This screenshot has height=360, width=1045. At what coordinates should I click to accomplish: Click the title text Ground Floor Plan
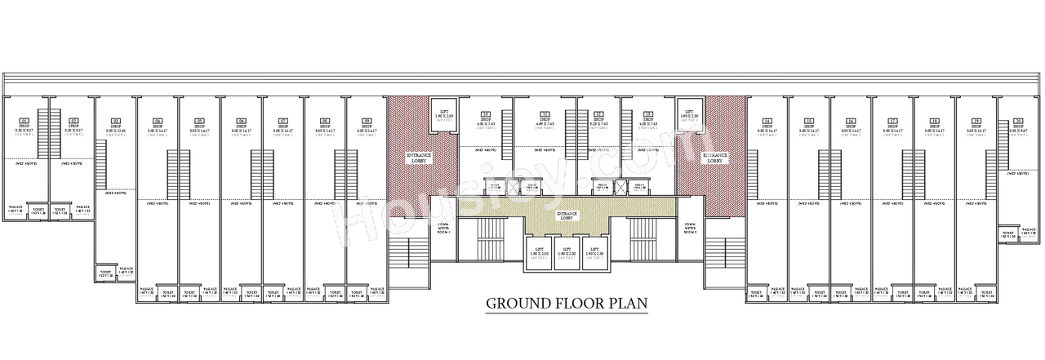tap(567, 304)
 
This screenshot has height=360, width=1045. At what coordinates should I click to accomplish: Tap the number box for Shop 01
tap(24, 121)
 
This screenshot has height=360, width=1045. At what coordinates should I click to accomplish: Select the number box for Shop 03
tap(115, 121)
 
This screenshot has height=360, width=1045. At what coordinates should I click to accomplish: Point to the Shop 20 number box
tap(1017, 121)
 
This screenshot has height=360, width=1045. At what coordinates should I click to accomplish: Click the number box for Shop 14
tap(767, 121)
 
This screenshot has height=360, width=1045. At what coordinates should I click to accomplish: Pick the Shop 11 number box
tap(545, 114)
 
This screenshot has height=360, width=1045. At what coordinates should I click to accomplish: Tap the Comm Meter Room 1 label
tap(443, 228)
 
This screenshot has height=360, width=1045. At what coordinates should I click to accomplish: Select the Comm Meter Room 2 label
tap(690, 228)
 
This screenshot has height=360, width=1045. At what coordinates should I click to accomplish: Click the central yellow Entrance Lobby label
tap(567, 216)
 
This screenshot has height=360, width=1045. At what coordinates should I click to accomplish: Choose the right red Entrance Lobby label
tap(715, 158)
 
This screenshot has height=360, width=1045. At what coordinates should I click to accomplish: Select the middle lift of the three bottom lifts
tap(567, 252)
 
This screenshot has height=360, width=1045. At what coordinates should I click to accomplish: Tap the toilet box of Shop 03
tap(105, 273)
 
